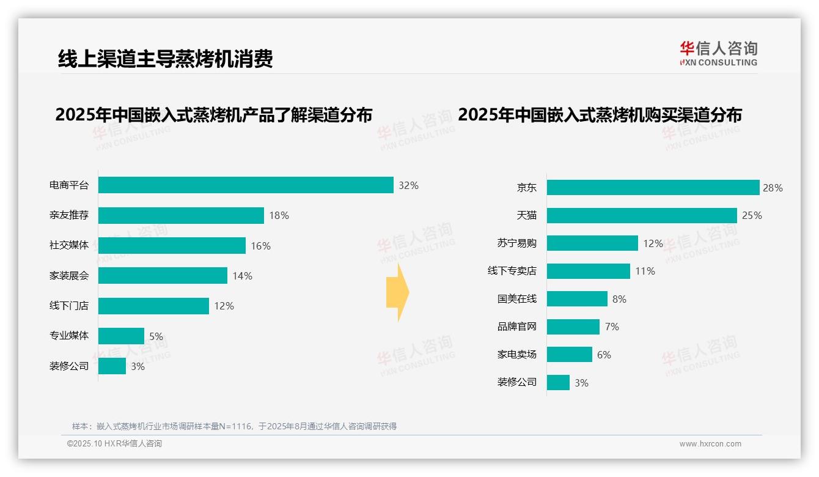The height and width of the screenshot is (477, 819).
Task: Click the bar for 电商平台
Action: click(x=246, y=185)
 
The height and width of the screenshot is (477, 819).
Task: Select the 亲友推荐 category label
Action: click(x=69, y=215)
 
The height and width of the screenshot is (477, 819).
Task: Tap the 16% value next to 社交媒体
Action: click(x=260, y=246)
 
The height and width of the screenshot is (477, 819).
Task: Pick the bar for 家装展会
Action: click(x=163, y=276)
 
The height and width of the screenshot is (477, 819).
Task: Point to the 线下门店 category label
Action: click(x=69, y=306)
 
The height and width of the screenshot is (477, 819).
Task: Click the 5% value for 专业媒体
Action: click(x=156, y=336)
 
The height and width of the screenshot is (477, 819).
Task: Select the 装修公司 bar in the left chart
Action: click(x=112, y=366)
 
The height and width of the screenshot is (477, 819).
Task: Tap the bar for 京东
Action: click(x=653, y=188)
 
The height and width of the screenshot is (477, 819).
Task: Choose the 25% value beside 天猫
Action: click(x=752, y=215)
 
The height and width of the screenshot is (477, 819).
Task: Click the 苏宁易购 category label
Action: click(x=516, y=243)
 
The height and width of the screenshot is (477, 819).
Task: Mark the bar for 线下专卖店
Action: click(x=588, y=271)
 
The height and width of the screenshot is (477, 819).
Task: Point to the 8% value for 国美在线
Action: click(x=619, y=299)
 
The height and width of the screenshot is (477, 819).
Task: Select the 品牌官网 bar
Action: click(x=573, y=327)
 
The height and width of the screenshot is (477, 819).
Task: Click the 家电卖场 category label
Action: click(x=516, y=355)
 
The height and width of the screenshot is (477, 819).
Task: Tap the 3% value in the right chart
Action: click(x=581, y=383)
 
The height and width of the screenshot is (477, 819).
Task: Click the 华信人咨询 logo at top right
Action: click(x=718, y=53)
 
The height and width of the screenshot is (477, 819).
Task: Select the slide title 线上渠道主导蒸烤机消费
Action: click(x=165, y=59)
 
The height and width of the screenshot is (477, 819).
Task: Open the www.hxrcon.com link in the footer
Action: click(x=710, y=444)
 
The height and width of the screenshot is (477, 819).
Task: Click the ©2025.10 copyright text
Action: click(x=114, y=444)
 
